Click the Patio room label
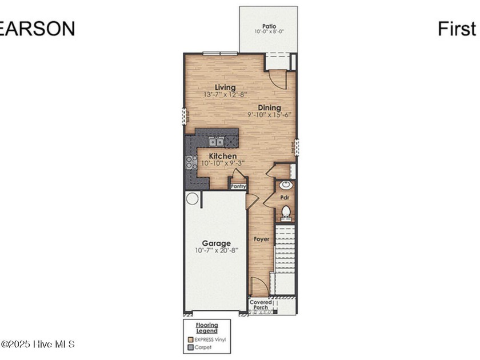tap(269, 26)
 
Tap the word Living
tap(222, 87)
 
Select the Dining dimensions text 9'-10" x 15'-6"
tap(269, 114)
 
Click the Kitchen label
tap(222, 156)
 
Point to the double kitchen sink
tap(215, 142)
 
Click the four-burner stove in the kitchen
tap(191, 162)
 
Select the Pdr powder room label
tap(285, 198)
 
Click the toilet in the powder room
tap(286, 213)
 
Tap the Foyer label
tap(261, 239)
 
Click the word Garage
tap(215, 243)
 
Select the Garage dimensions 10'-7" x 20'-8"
tap(215, 250)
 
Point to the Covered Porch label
tap(260, 305)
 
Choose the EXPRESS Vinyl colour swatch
tap(191, 339)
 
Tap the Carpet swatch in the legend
tap(191, 346)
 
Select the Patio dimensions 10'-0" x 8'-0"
tap(269, 32)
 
